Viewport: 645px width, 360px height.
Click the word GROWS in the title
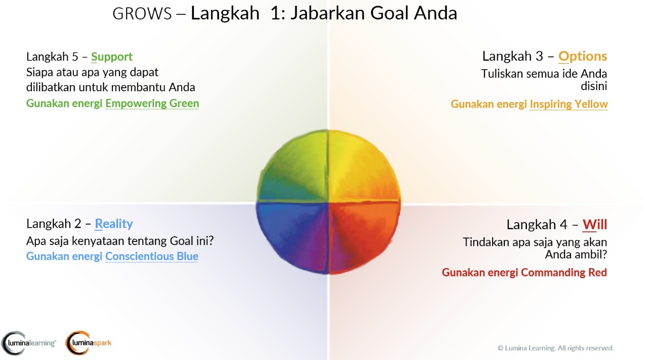point(142,13)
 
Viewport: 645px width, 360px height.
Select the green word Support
point(112,57)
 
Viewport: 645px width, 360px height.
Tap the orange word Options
point(582,56)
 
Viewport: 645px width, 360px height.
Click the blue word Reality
point(114,224)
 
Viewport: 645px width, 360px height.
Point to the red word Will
point(595,225)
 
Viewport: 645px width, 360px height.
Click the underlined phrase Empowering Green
point(152,103)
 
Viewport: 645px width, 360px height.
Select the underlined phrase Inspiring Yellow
point(569,104)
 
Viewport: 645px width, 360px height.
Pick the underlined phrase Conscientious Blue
point(152,256)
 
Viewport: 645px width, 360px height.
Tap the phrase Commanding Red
point(564,272)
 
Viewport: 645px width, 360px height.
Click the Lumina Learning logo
point(28,343)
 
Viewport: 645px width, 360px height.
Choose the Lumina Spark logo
point(88,343)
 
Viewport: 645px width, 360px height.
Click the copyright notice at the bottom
point(555,348)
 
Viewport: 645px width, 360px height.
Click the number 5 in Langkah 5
point(75,57)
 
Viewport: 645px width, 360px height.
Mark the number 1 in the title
point(275,13)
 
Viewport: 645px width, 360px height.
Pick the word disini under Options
point(594,86)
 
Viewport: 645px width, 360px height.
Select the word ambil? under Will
point(590,255)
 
